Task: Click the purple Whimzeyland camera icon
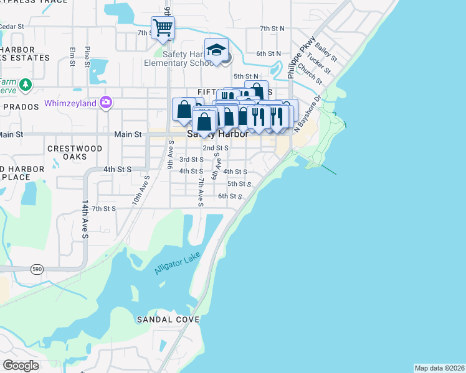(x=106, y=102)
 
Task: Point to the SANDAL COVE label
(x=168, y=320)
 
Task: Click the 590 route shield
(x=36, y=269)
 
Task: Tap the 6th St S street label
(x=229, y=196)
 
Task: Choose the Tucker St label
(x=318, y=68)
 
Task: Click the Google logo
(x=21, y=366)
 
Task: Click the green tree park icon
(x=25, y=85)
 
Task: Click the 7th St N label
(x=272, y=29)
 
